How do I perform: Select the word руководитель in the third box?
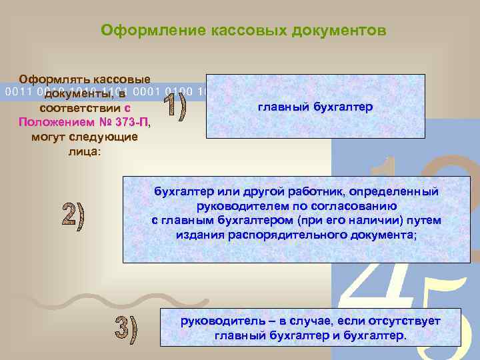coord(216,321)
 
